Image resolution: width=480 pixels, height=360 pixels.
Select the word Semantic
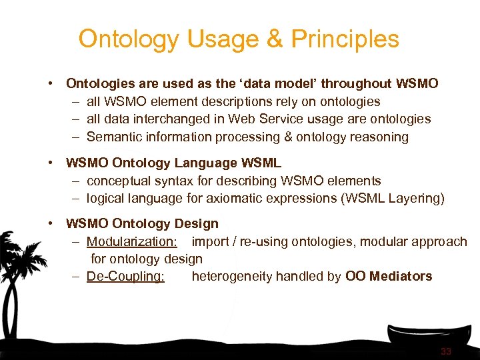[x=114, y=137]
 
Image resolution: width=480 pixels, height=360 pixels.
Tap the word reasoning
[x=379, y=137]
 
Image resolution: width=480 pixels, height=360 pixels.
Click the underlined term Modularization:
[x=131, y=241]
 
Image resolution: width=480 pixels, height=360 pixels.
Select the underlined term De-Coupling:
[x=125, y=276]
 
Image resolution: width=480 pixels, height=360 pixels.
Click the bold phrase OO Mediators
[x=389, y=276]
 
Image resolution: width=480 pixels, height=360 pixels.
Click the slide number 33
[x=446, y=351]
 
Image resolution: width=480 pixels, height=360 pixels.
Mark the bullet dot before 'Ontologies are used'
[x=51, y=84]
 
